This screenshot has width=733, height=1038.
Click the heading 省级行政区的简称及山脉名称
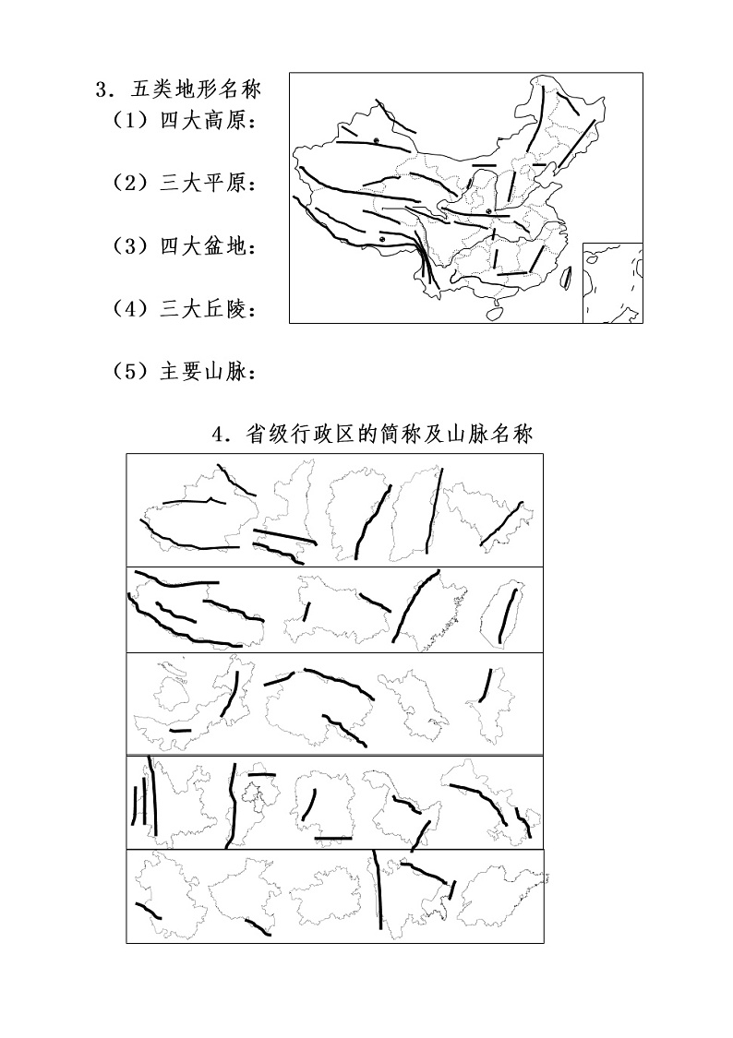[387, 434]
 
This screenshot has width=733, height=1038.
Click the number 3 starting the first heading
[101, 90]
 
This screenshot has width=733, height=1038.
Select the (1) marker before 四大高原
[130, 121]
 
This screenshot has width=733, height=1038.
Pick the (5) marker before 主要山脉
[130, 372]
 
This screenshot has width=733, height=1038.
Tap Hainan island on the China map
[496, 313]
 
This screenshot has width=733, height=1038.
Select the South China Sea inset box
[612, 282]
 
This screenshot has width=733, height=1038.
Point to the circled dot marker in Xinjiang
[377, 139]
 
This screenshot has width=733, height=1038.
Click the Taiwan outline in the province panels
[502, 614]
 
